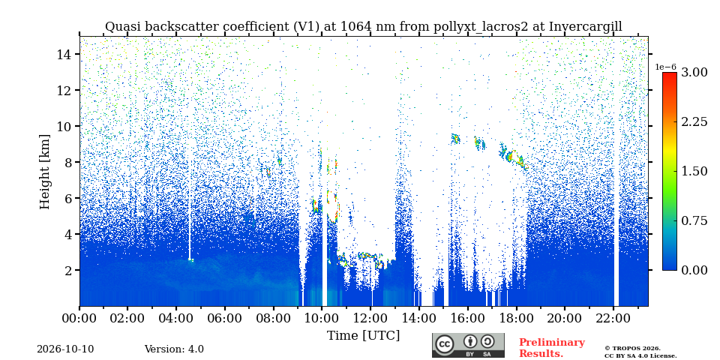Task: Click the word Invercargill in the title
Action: click(586, 27)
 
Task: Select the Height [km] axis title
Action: click(44, 172)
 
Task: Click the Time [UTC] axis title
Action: click(363, 336)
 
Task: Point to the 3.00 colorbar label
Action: click(694, 72)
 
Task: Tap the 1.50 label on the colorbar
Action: click(694, 171)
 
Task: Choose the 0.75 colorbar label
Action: click(694, 220)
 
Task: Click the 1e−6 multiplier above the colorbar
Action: click(665, 67)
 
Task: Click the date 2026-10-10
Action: click(65, 349)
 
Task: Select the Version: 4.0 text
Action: click(174, 349)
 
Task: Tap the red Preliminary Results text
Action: click(552, 348)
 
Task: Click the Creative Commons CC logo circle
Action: click(444, 345)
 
